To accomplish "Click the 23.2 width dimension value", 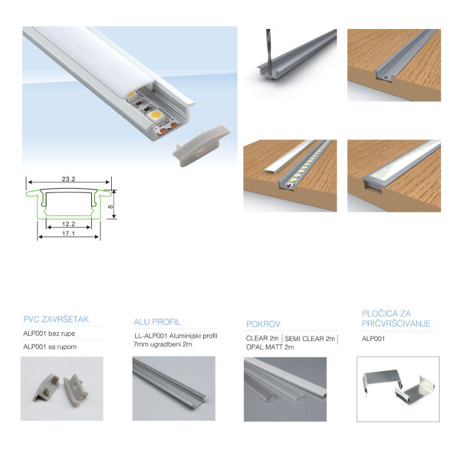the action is tap(69, 179).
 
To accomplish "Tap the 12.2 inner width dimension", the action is tap(69, 224).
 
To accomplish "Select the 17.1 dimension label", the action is tap(69, 234).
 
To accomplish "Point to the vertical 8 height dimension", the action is tap(110, 206).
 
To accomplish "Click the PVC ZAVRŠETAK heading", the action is tap(56, 319).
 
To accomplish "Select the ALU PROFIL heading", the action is tap(157, 322).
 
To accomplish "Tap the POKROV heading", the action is tap(263, 324).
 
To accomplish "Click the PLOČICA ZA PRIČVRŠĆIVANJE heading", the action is tap(396, 318).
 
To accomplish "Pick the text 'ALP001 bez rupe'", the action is tap(49, 333).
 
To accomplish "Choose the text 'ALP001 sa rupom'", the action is tap(50, 347).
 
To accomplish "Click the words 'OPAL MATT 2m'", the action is tap(270, 347).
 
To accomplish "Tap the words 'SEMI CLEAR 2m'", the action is tap(310, 339).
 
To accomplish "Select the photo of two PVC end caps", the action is tap(62, 389).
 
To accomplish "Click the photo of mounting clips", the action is tap(398, 389).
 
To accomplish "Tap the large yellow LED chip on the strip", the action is tap(155, 115).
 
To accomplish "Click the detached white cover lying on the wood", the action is tap(289, 156).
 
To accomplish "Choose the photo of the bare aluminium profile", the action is tap(174, 389).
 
